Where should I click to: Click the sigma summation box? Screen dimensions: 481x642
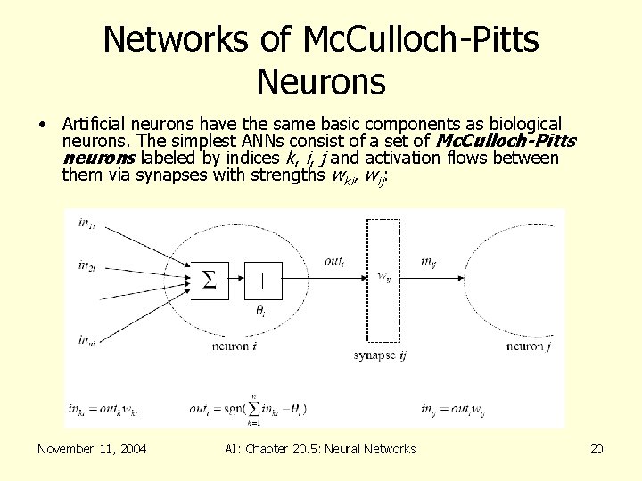(x=209, y=281)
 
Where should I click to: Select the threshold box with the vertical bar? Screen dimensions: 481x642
(x=262, y=281)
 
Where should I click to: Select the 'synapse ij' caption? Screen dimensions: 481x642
(x=381, y=355)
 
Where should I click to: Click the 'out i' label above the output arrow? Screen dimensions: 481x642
(x=334, y=261)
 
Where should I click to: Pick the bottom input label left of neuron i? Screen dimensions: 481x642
(x=86, y=339)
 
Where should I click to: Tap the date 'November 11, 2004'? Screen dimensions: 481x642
(x=93, y=449)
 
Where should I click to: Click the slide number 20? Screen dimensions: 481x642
(x=597, y=449)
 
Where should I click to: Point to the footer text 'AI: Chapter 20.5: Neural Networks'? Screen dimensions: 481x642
(x=321, y=449)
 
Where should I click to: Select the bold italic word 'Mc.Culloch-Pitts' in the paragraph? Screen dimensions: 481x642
(x=504, y=141)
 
